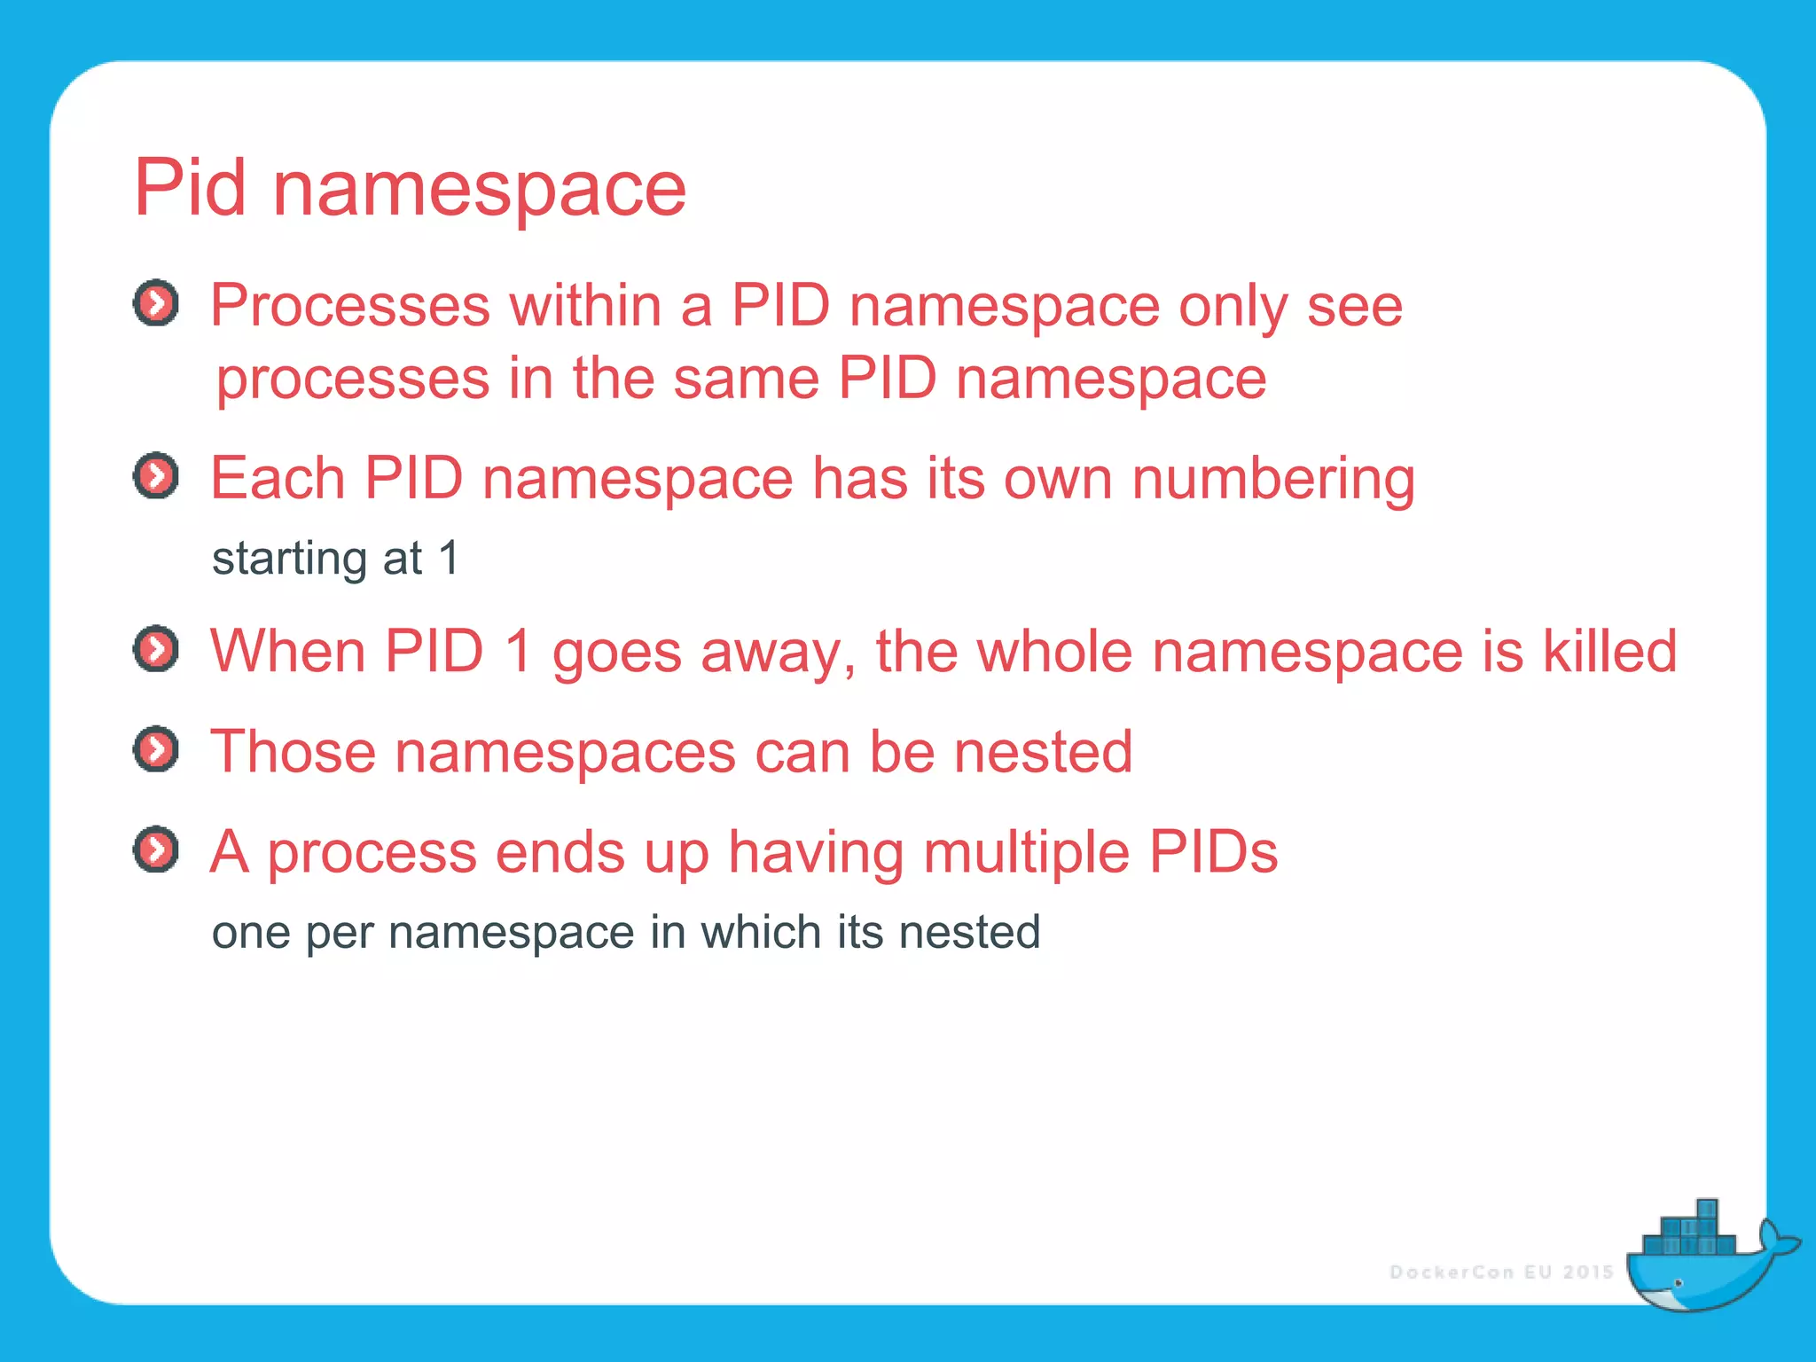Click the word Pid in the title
click(189, 188)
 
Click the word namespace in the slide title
click(479, 191)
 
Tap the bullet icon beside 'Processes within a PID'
click(156, 304)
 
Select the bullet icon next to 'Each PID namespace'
click(156, 476)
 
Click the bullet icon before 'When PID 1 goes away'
click(156, 649)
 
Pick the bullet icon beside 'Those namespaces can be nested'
click(156, 749)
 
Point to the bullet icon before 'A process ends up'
click(156, 849)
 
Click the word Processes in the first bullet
click(349, 306)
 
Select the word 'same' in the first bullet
click(745, 379)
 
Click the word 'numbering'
click(1273, 479)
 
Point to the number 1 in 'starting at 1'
click(450, 558)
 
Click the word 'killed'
click(1609, 651)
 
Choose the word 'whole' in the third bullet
click(1054, 651)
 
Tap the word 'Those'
click(294, 752)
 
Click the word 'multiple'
click(1026, 852)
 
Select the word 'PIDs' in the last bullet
click(1213, 852)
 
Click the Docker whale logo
click(1702, 1259)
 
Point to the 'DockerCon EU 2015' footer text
click(1501, 1272)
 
